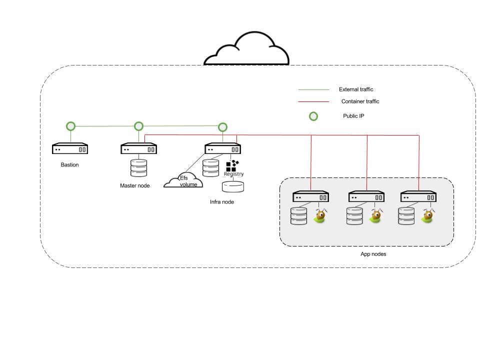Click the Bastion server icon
tap(70, 149)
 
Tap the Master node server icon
tap(138, 149)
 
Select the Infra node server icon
tap(223, 149)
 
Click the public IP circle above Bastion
tap(71, 126)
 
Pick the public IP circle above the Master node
tap(138, 126)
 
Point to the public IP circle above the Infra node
tap(223, 127)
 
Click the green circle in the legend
tap(313, 116)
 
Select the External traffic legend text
tap(356, 89)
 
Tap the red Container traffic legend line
tap(313, 102)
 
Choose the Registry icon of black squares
tap(231, 166)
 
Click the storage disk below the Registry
tap(233, 186)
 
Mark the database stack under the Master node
tap(138, 168)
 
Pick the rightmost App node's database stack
tap(406, 216)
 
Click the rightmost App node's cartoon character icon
tap(427, 215)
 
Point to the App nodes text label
tap(373, 254)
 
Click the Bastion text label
tap(70, 165)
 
